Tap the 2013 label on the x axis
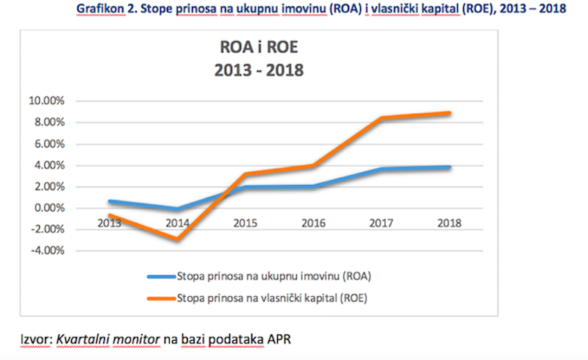pyautogui.click(x=110, y=223)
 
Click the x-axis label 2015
pyautogui.click(x=246, y=223)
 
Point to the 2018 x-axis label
pyautogui.click(x=448, y=223)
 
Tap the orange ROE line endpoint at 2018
pyautogui.click(x=448, y=113)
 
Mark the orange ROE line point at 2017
pyautogui.click(x=381, y=118)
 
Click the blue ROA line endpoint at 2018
pyautogui.click(x=448, y=168)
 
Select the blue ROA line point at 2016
pyautogui.click(x=314, y=186)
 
